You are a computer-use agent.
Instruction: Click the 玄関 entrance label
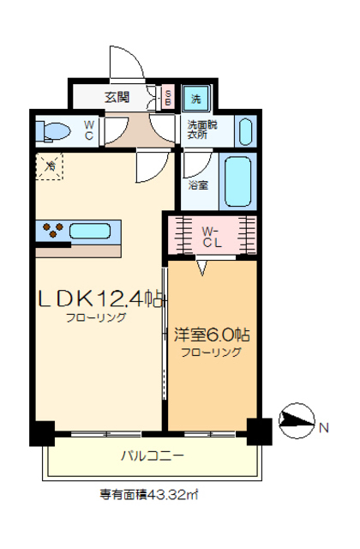(x=117, y=97)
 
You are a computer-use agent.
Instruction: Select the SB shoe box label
(x=168, y=97)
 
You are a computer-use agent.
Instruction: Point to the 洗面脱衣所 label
(x=203, y=130)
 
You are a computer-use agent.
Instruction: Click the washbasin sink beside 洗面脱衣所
(x=243, y=131)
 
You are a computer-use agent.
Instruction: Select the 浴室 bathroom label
(x=196, y=184)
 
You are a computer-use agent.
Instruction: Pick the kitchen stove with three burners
(x=51, y=230)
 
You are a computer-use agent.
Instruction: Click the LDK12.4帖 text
(x=99, y=299)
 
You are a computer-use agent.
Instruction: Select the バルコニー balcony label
(x=151, y=456)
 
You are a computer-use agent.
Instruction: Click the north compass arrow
(x=297, y=420)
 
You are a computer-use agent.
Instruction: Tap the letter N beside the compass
(x=325, y=426)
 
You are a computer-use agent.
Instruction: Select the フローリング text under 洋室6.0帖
(x=210, y=352)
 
